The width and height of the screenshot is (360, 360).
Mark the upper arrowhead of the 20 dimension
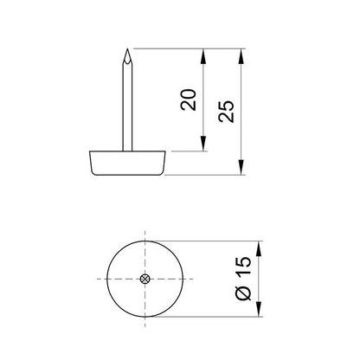tap(205, 55)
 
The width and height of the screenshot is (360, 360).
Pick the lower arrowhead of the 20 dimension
tap(205, 145)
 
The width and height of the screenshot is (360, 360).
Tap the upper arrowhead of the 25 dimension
tap(241, 55)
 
